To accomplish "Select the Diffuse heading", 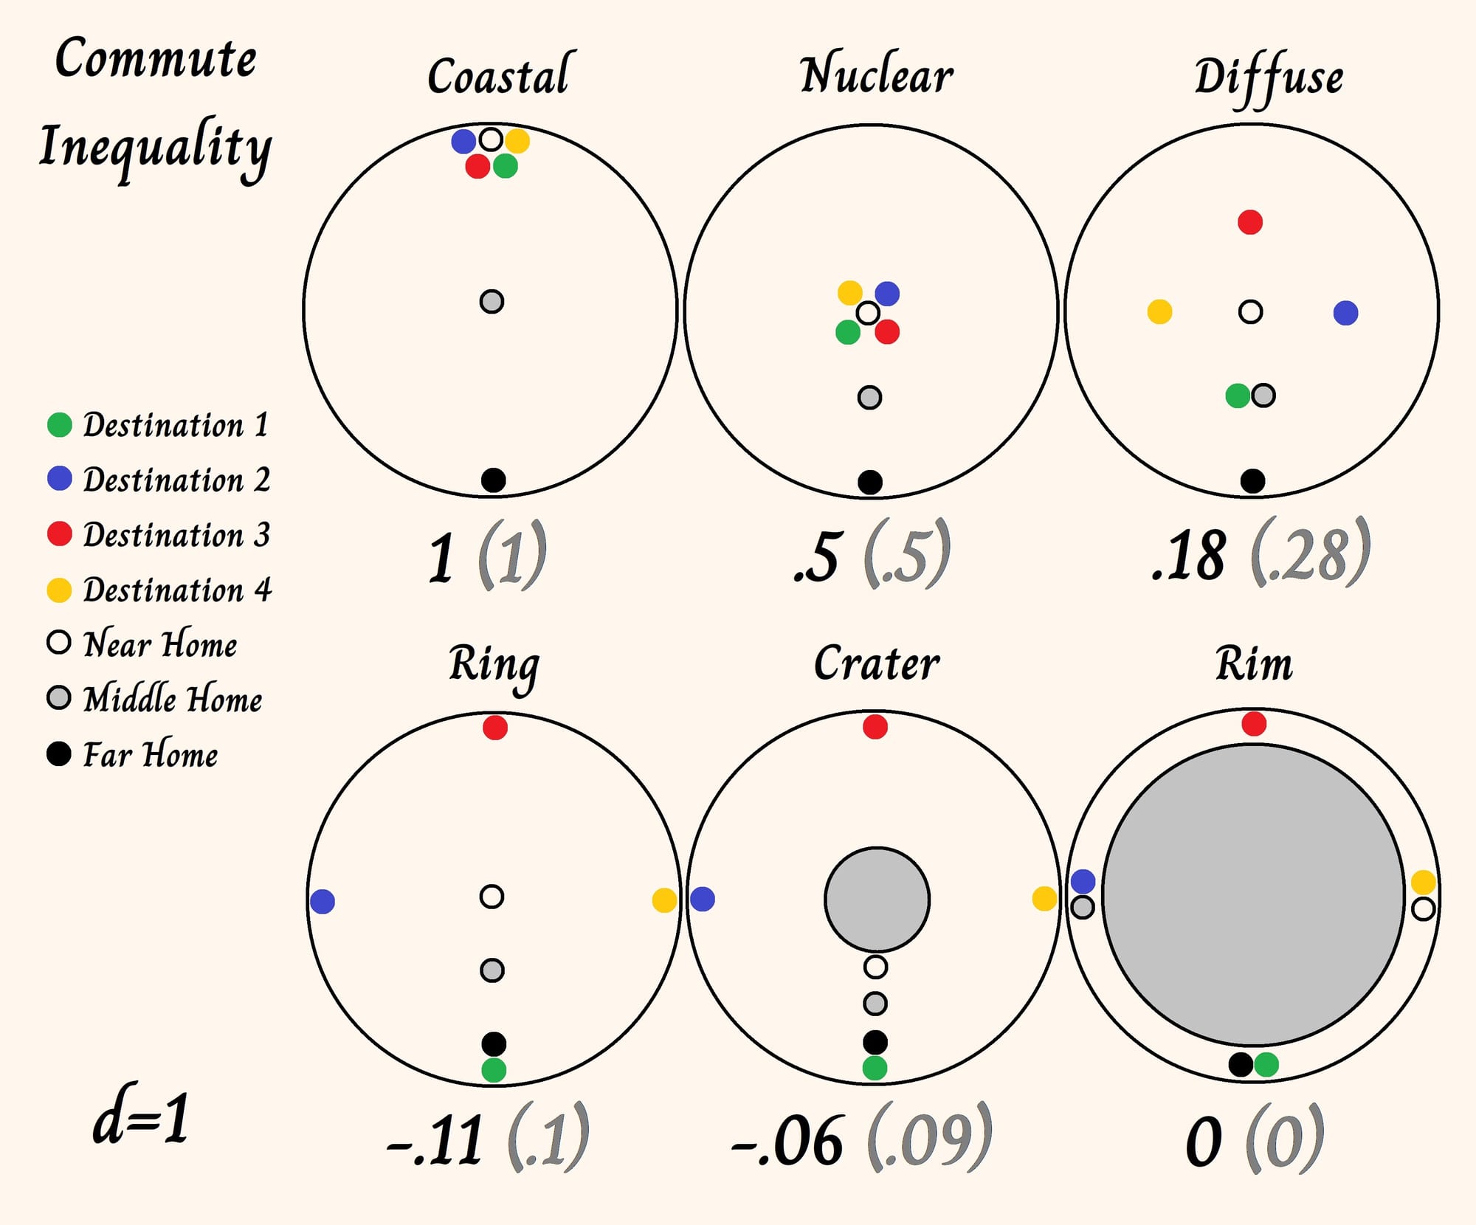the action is [x=1269, y=78].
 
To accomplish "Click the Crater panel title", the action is [x=877, y=663].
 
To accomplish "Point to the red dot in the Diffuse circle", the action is [x=1250, y=221].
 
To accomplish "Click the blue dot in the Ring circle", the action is [x=323, y=901].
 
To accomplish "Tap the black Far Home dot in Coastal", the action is [x=494, y=480].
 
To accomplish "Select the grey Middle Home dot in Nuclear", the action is [x=870, y=398].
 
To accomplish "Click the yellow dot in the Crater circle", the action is [x=1044, y=899].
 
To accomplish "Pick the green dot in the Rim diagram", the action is [x=1266, y=1064].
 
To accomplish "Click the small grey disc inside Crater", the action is [x=877, y=900].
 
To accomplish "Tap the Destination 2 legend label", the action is [x=176, y=480].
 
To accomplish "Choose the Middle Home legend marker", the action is [x=59, y=697].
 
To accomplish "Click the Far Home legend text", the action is [x=151, y=753].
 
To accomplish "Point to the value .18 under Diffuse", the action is [x=1189, y=555].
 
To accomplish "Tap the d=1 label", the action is [x=141, y=1118].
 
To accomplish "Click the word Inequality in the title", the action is [x=156, y=148].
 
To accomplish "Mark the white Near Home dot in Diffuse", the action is [x=1250, y=311].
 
